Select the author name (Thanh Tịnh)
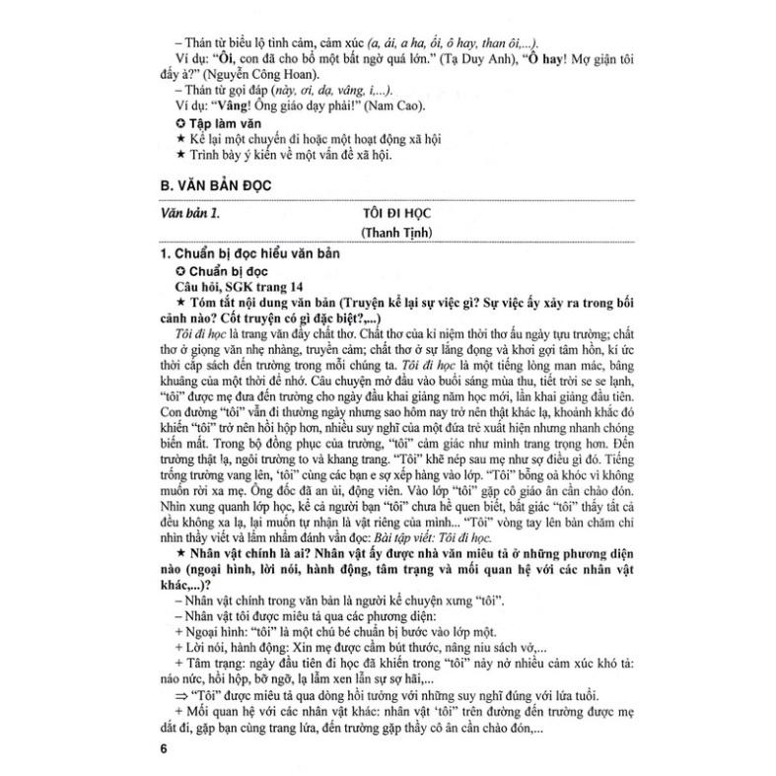(x=401, y=234)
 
